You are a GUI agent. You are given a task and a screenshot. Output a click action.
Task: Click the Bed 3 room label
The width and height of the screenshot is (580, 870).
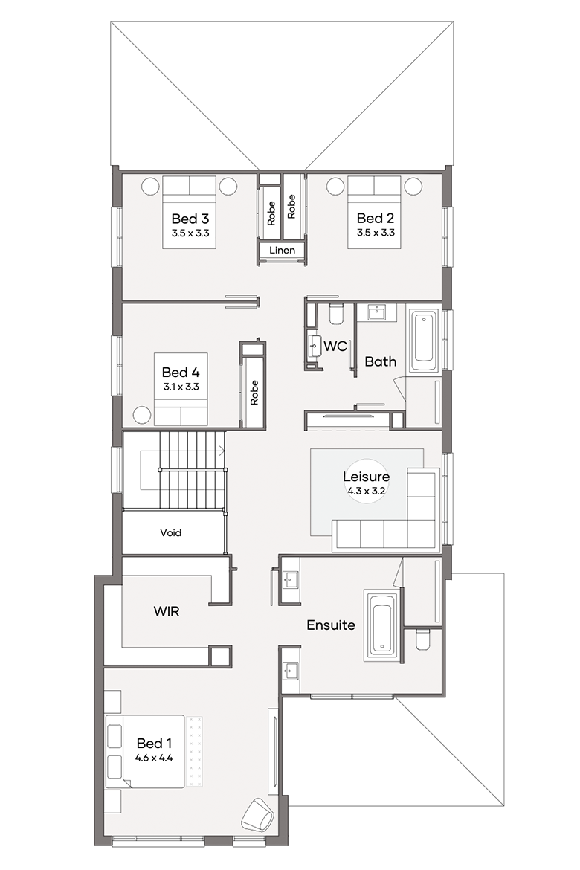point(190,219)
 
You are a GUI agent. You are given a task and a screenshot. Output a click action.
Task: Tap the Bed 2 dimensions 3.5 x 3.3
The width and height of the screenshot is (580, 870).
point(376,233)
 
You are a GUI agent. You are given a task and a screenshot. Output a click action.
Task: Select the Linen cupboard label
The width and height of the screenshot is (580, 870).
point(282,251)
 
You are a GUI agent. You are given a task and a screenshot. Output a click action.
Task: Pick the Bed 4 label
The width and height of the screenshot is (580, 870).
point(181,373)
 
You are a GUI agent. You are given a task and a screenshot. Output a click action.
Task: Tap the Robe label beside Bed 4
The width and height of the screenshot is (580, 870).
point(254,393)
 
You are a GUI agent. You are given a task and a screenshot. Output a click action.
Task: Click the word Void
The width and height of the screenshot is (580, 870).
point(170,532)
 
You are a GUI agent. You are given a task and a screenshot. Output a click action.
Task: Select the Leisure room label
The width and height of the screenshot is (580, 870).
point(366,477)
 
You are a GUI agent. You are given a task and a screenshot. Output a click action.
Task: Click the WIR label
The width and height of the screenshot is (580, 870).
point(167,611)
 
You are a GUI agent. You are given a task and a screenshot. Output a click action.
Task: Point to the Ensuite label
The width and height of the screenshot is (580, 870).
point(331,625)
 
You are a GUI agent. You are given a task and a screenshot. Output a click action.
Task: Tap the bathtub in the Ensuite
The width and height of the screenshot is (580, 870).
point(382,626)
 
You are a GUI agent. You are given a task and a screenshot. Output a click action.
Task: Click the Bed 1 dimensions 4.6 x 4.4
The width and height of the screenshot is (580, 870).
point(154,758)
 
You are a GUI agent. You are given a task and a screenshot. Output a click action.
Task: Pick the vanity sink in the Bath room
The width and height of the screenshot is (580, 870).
point(376,312)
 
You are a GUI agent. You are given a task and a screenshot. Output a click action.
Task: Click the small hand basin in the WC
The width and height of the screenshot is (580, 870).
point(315,346)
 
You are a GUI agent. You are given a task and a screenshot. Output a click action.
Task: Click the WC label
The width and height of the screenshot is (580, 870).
point(335,347)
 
